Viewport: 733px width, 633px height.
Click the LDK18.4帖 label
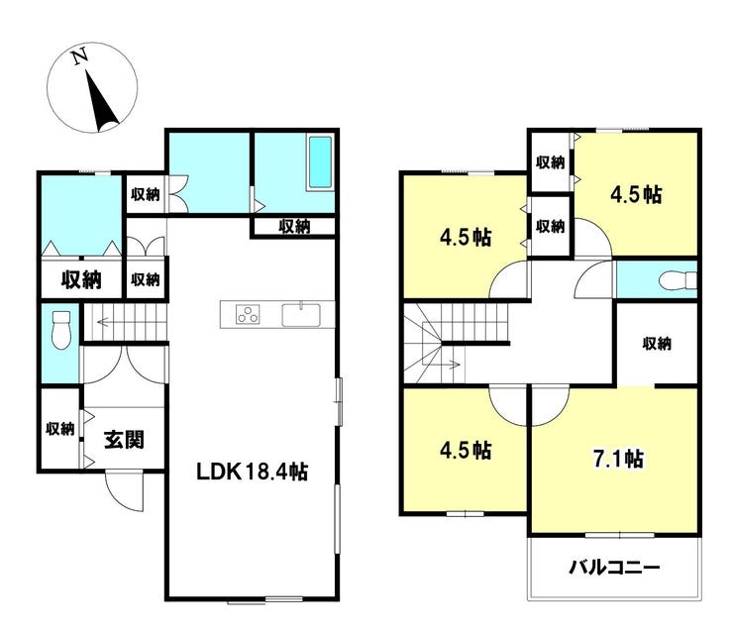click(x=252, y=472)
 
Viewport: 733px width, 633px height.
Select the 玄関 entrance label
click(x=124, y=440)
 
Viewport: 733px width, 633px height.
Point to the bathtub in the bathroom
click(x=320, y=162)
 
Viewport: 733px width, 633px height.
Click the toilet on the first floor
click(x=60, y=330)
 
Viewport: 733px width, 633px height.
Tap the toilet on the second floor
click(x=678, y=281)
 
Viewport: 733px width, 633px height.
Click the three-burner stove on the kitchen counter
click(x=248, y=315)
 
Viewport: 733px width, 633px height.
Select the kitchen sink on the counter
click(x=301, y=315)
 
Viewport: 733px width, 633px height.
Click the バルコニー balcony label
click(x=614, y=568)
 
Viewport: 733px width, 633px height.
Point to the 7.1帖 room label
click(x=618, y=459)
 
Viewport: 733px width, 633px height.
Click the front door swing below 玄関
click(x=124, y=492)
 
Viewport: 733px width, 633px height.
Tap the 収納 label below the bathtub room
click(x=294, y=227)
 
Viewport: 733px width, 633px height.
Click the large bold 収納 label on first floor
click(x=81, y=279)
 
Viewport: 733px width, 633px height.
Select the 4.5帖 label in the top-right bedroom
click(x=636, y=194)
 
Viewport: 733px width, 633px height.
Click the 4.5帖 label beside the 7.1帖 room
click(x=466, y=450)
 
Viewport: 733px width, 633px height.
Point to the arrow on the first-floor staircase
click(x=104, y=322)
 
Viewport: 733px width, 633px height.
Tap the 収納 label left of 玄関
click(x=59, y=428)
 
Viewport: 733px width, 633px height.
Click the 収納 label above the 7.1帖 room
click(x=657, y=344)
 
